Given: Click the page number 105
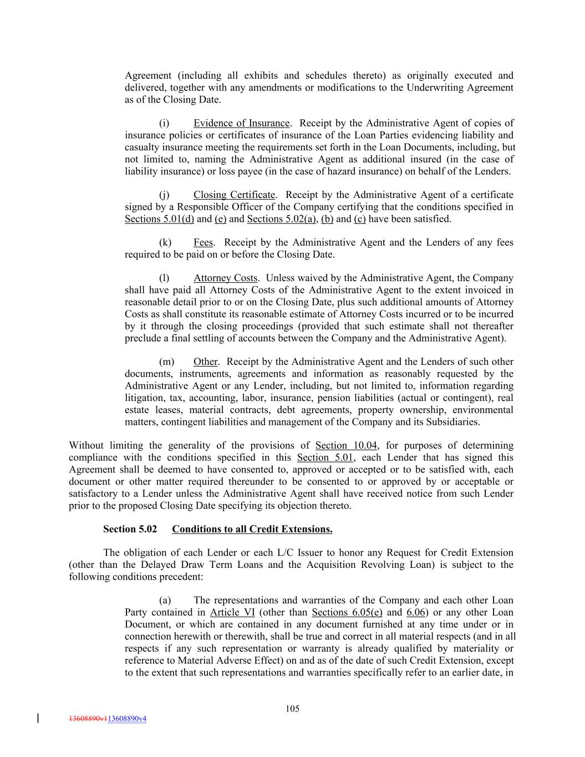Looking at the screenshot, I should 292,708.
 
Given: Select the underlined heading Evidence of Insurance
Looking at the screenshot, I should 241,123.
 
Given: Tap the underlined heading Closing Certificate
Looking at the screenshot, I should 234,195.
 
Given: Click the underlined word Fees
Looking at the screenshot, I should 203,242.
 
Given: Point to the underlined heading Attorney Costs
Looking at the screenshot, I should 225,278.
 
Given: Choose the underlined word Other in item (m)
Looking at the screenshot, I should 205,362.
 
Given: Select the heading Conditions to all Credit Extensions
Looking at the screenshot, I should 252,529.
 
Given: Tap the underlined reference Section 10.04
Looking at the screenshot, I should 347,445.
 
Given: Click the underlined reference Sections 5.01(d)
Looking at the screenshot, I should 159,219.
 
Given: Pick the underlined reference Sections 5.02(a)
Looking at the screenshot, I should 281,219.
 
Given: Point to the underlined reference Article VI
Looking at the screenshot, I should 232,612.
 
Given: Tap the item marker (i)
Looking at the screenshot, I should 164,123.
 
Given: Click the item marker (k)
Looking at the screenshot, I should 165,242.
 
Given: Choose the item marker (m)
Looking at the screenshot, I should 166,362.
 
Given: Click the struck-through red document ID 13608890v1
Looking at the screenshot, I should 88,719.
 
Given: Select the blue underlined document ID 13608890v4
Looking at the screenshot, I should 126,719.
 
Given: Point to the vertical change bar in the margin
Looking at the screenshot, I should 38,718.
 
